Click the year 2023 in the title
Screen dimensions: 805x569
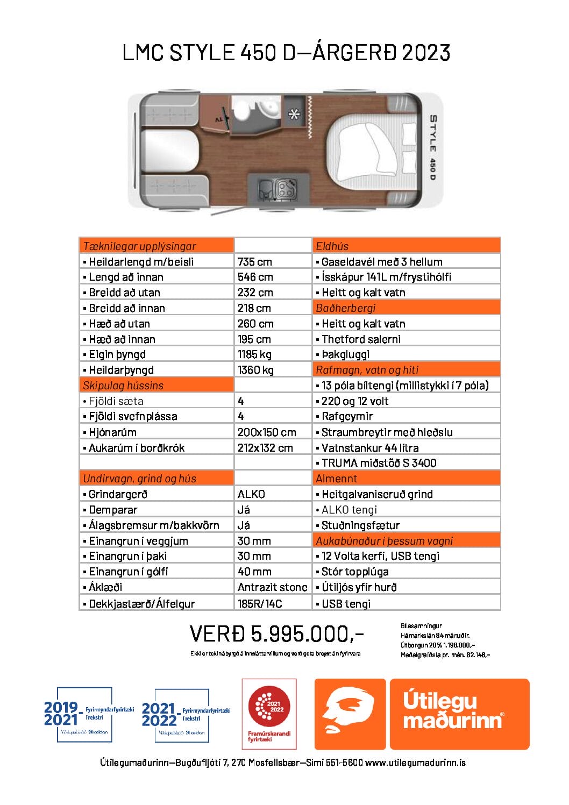425,53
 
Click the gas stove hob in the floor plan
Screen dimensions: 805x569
285,188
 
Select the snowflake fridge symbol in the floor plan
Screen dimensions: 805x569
294,114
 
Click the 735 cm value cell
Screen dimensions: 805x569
255,262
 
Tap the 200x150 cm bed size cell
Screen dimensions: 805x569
267,432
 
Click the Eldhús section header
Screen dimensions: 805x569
332,246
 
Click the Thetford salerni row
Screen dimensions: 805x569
361,339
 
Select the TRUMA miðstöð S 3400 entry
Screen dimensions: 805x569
379,463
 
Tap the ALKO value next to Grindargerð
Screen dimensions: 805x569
252,494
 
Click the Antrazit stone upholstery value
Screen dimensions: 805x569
272,587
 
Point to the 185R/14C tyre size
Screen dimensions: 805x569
260,603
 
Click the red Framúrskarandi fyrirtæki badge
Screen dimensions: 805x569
269,714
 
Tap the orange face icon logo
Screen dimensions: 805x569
350,714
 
